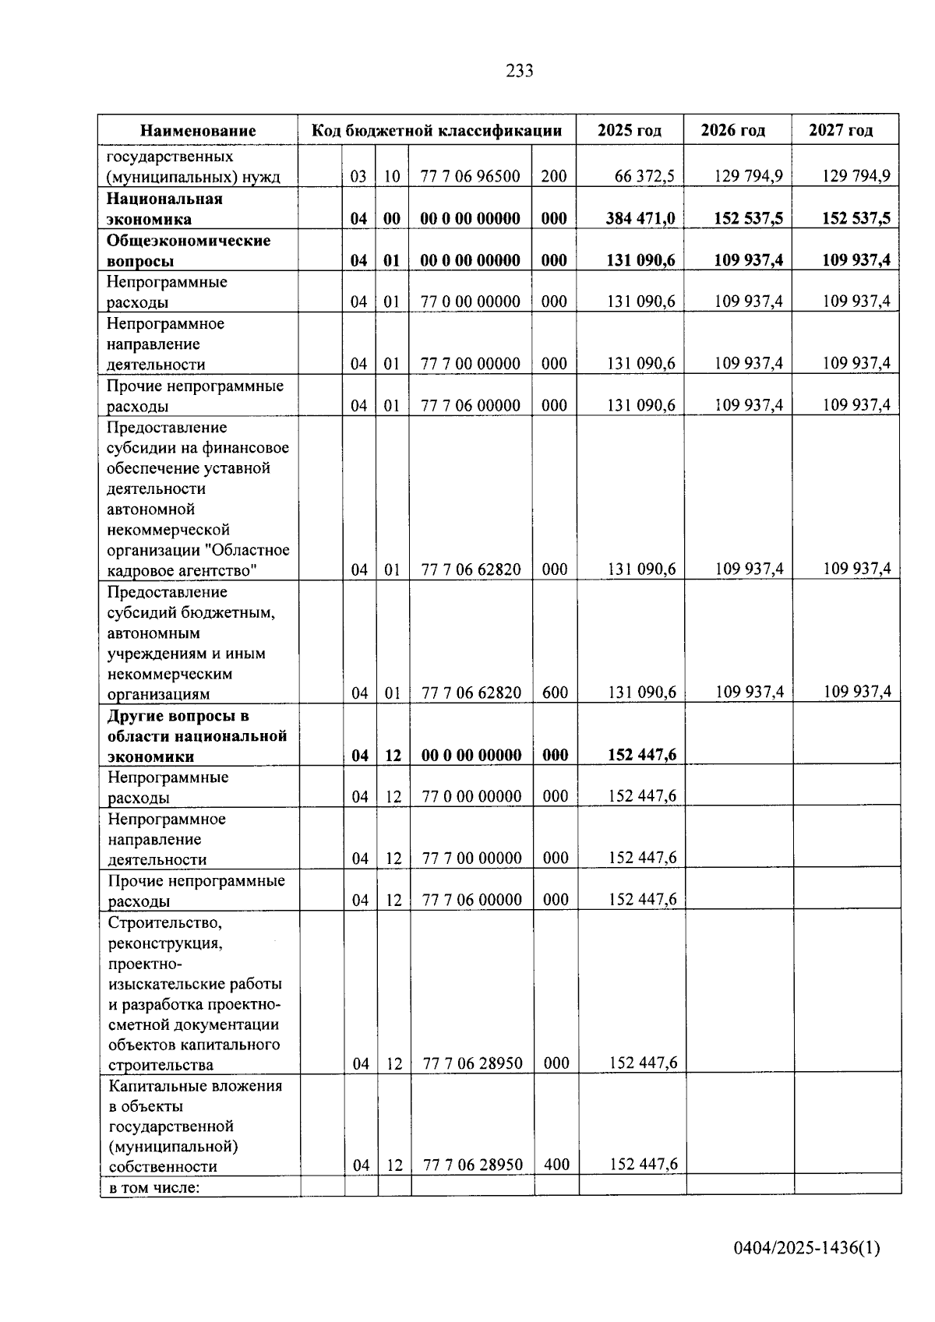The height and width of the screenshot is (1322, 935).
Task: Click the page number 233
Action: pos(520,72)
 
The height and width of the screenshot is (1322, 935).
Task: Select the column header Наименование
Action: pos(198,131)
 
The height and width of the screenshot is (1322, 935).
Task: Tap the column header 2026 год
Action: pos(732,131)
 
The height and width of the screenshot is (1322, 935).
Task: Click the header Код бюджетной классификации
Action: pos(436,131)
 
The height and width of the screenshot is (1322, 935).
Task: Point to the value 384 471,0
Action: pos(640,219)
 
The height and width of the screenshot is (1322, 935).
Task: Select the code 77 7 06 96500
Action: pos(470,177)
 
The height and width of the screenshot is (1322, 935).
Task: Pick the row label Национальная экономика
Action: pos(164,209)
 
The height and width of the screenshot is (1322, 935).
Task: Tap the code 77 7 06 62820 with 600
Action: pos(471,693)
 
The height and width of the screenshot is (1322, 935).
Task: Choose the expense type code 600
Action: pos(555,693)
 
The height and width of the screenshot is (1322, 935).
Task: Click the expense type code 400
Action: pos(556,1165)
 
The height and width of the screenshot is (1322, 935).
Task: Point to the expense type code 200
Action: pos(553,177)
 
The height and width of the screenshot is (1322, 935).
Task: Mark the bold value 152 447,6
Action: pos(642,755)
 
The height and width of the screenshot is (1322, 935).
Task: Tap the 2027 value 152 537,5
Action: pos(856,219)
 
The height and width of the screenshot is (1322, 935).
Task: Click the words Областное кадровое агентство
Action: pos(199,561)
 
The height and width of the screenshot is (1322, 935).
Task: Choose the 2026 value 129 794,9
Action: pos(748,177)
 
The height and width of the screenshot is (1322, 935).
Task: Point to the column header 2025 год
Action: pos(629,131)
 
